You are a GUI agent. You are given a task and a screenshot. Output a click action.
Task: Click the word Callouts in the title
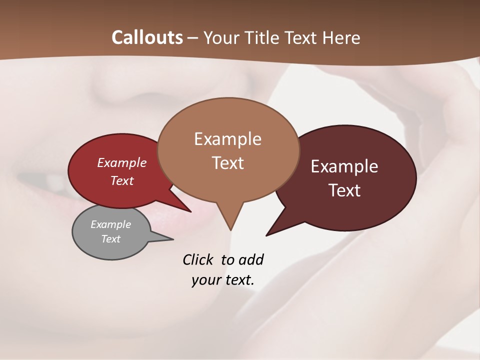[x=147, y=37]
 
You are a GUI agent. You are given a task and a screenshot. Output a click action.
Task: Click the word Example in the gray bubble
[x=110, y=224]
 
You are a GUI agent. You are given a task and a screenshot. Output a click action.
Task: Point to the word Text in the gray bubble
[x=110, y=239]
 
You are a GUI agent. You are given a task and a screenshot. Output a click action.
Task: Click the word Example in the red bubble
[x=122, y=163]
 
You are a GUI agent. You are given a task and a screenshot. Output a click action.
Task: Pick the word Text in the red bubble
[x=122, y=180]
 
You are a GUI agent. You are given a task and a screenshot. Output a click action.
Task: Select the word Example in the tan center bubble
[x=227, y=139]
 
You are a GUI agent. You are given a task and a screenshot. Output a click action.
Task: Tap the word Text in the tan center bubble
[x=227, y=163]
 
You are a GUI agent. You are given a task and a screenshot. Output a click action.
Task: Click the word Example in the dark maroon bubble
[x=344, y=166]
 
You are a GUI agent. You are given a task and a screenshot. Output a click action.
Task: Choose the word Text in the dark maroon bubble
[x=344, y=190]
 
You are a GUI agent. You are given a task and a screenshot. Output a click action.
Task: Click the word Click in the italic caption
[x=199, y=259]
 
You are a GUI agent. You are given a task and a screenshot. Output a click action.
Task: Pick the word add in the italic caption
[x=251, y=259]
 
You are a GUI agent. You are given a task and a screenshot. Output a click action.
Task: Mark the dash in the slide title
[x=193, y=37]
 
